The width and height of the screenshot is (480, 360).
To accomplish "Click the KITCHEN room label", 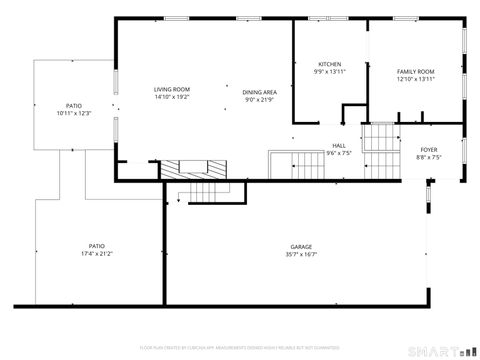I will click(330, 64).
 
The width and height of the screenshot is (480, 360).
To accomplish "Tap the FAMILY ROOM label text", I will click(415, 72).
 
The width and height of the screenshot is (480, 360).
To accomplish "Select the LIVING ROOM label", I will click(172, 89).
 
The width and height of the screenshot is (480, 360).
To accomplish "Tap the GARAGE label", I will click(301, 246).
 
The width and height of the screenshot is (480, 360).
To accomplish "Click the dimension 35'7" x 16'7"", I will click(301, 255).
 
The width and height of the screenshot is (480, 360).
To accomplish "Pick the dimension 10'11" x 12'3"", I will click(74, 113).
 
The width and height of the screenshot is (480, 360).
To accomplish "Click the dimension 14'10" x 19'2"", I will click(172, 98).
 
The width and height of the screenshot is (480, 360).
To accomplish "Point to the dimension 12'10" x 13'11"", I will click(415, 80).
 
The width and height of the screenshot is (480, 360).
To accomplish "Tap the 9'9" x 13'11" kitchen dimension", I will click(330, 72).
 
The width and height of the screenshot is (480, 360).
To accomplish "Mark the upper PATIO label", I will click(74, 105).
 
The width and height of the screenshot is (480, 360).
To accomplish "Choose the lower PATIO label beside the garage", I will click(96, 246).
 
